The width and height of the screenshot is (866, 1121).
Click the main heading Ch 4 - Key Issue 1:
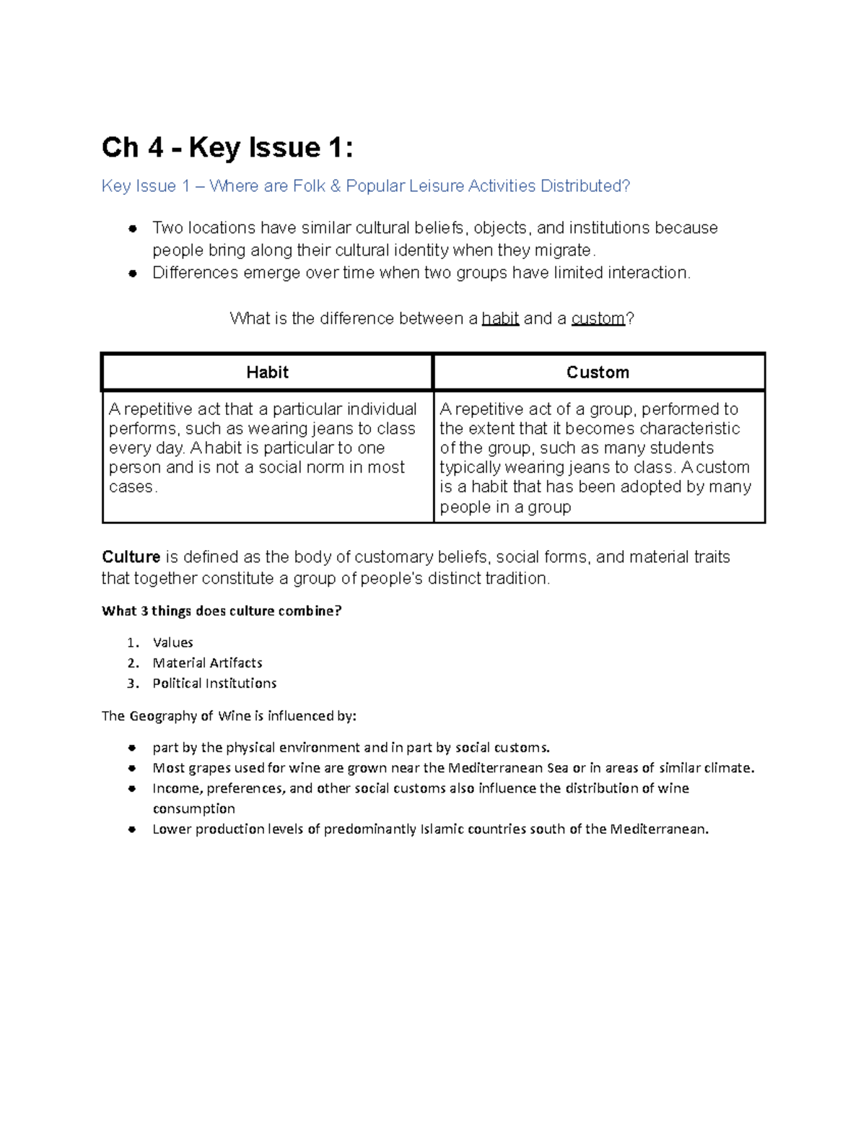(227, 148)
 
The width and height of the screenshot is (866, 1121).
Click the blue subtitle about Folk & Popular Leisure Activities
(366, 186)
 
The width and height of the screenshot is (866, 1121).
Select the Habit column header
(267, 372)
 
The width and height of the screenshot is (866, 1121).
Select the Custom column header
(598, 372)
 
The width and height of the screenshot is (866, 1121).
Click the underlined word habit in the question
(500, 319)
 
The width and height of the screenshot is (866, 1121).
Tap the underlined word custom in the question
(598, 319)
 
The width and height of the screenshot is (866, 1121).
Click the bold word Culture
(131, 557)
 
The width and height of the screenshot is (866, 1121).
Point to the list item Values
(172, 642)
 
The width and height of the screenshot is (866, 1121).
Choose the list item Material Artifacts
(207, 663)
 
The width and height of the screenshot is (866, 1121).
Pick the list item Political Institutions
(214, 683)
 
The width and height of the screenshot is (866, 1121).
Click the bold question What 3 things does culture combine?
(222, 611)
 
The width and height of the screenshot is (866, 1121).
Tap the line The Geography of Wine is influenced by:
(229, 716)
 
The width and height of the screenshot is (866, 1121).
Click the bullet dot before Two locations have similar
(132, 229)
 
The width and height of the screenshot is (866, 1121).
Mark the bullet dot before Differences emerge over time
(132, 274)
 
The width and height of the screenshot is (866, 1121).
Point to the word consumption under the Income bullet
(193, 809)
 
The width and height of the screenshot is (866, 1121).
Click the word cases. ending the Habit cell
(132, 487)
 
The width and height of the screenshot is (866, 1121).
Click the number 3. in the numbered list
(132, 684)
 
